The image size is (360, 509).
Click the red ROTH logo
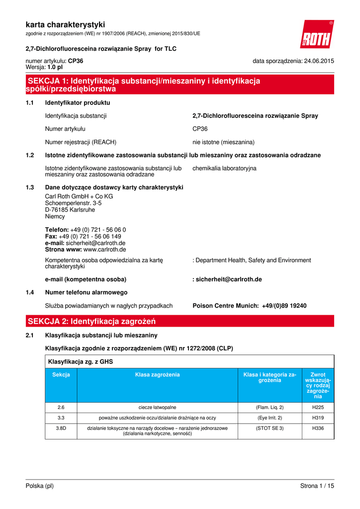tap(317, 35)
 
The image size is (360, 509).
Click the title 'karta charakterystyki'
tap(65, 24)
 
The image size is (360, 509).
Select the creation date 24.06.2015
tap(315, 61)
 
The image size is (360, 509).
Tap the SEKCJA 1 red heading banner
tap(180, 85)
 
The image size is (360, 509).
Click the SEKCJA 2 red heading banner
tap(180, 321)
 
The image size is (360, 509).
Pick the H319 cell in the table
tap(318, 418)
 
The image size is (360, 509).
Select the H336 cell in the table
tap(318, 428)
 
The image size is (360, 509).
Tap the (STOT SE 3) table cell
tap(269, 428)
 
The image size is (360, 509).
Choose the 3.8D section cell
tap(61, 428)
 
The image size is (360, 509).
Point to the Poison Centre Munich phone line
tap(250, 306)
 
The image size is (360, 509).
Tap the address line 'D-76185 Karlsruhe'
tap(70, 210)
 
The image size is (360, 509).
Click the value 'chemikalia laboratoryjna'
tap(224, 169)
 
